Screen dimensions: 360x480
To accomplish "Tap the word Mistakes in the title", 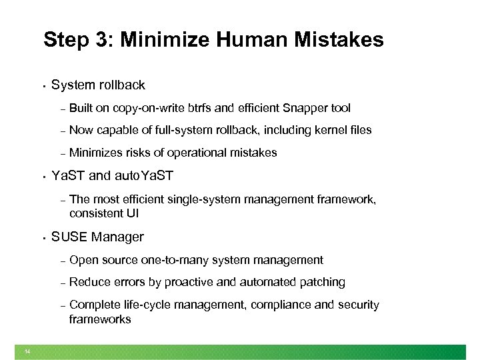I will (x=341, y=40).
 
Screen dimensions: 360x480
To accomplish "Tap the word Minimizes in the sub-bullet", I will (x=96, y=153).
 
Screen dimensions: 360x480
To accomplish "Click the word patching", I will (x=323, y=282).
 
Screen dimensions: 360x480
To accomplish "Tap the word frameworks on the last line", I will (x=100, y=319).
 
